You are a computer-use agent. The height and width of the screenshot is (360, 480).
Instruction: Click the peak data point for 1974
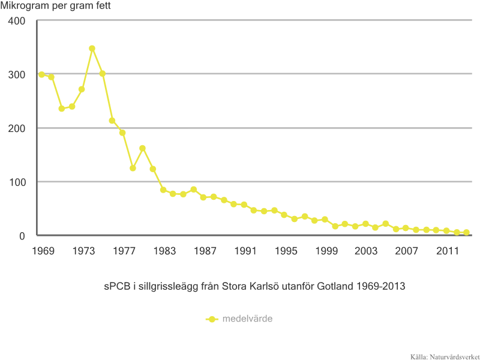(92, 48)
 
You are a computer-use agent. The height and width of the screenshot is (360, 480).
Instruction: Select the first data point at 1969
(41, 74)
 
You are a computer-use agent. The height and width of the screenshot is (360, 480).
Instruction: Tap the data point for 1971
(61, 109)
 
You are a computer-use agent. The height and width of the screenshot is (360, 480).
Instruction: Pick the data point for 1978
(133, 168)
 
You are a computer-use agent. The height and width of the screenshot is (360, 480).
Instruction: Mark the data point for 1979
(143, 148)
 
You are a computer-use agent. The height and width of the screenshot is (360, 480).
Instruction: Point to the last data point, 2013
(466, 232)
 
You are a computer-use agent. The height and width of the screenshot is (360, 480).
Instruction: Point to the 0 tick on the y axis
(22, 236)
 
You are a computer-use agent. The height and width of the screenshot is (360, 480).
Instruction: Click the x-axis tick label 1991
(245, 250)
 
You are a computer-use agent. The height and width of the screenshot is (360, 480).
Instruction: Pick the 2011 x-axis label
(447, 250)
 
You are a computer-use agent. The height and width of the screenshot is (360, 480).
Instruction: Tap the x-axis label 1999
(325, 250)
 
